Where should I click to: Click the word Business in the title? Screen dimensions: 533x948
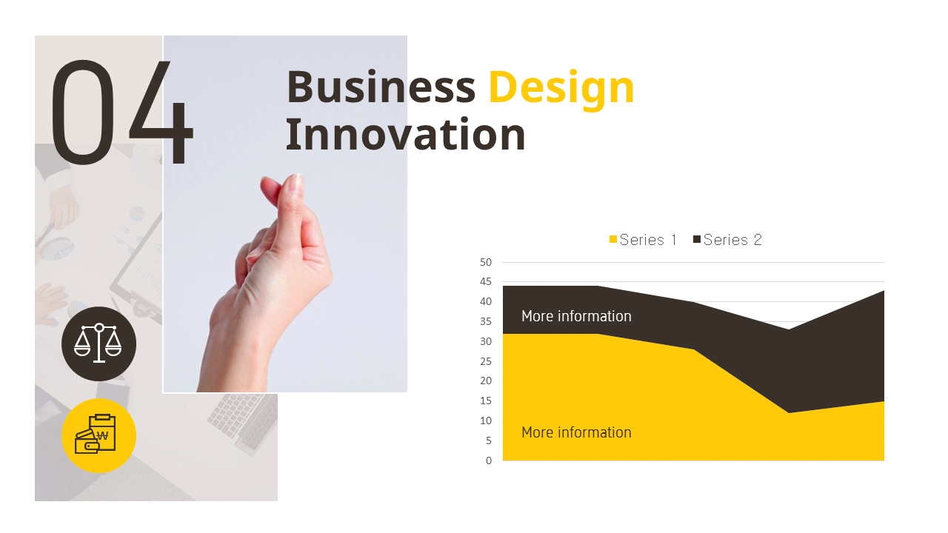click(380, 87)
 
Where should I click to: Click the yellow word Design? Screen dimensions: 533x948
click(561, 87)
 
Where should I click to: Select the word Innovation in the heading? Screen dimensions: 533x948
click(405, 135)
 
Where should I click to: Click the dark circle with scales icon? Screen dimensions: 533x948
click(99, 343)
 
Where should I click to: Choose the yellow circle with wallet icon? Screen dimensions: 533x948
click(99, 435)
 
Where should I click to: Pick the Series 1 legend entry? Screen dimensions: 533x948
click(643, 240)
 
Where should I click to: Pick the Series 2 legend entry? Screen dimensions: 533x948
click(727, 240)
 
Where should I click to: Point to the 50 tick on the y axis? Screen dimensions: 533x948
click(486, 262)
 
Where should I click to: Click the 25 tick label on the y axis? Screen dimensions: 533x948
click(486, 361)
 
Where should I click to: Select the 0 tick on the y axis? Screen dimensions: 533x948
click(489, 460)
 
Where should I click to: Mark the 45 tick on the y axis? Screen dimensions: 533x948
click(486, 282)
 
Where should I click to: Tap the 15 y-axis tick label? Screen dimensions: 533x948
click(486, 400)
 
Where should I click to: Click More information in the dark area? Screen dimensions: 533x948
click(576, 316)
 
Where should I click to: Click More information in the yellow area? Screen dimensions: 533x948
click(576, 432)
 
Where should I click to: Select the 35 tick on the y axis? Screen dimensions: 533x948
click(486, 321)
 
